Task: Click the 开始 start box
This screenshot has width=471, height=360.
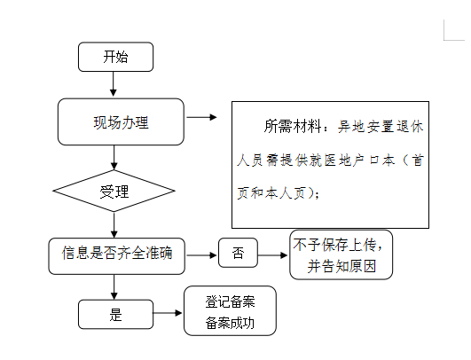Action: [x=115, y=57]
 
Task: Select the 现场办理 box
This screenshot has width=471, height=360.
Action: [x=121, y=121]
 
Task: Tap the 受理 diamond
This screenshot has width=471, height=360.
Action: [x=114, y=191]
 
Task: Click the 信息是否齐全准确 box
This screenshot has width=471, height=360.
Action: [x=116, y=256]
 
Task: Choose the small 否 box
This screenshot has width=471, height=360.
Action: [x=238, y=253]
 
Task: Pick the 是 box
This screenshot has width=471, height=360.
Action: [x=115, y=314]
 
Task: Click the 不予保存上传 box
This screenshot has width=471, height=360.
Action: [x=341, y=254]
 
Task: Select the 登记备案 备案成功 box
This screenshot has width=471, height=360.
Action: [x=230, y=310]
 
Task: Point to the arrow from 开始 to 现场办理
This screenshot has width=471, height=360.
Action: [x=114, y=84]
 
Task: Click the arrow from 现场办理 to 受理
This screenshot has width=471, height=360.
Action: [x=114, y=158]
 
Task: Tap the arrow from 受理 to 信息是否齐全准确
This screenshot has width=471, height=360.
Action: [x=114, y=225]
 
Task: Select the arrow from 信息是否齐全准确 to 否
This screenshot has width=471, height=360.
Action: [x=201, y=255]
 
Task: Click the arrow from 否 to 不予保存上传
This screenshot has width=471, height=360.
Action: [x=272, y=255]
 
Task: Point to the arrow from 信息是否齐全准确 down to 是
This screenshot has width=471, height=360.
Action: [x=114, y=287]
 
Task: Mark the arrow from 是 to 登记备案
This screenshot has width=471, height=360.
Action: [x=168, y=313]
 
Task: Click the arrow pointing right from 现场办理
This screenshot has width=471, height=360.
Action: [x=201, y=117]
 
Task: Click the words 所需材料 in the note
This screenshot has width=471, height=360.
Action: [x=293, y=126]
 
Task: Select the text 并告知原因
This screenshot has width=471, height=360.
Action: [x=341, y=266]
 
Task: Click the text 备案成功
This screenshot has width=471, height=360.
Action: [x=230, y=323]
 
